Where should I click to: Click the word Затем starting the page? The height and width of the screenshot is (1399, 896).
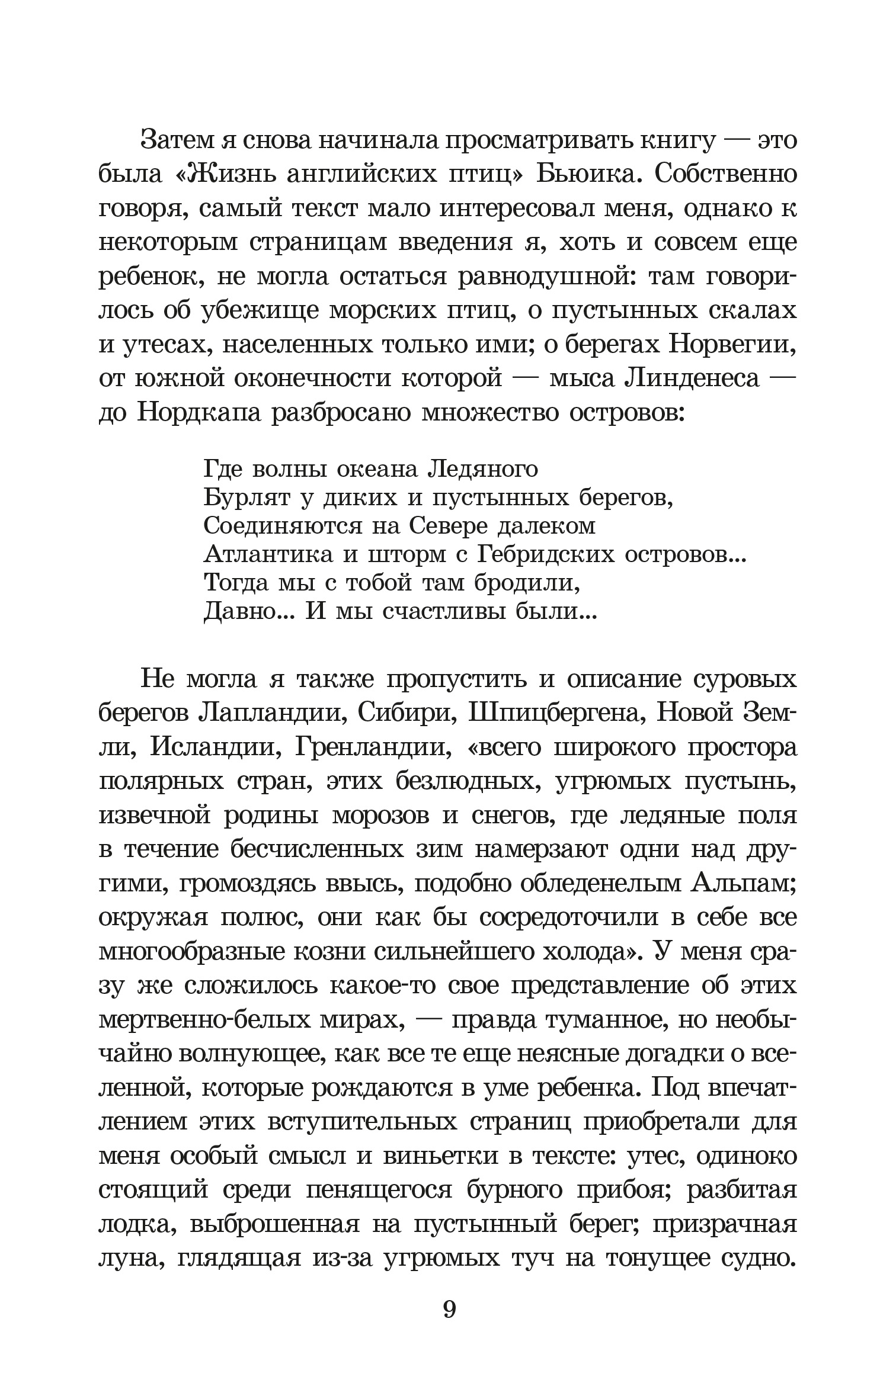pyautogui.click(x=178, y=142)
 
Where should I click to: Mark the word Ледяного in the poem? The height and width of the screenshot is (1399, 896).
pyautogui.click(x=482, y=470)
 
